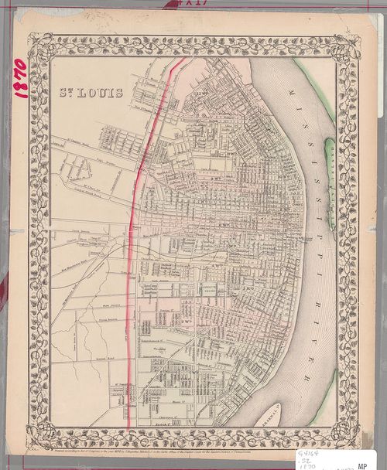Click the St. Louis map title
point(91,93)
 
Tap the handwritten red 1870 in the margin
point(21,78)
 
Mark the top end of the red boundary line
point(183,60)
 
